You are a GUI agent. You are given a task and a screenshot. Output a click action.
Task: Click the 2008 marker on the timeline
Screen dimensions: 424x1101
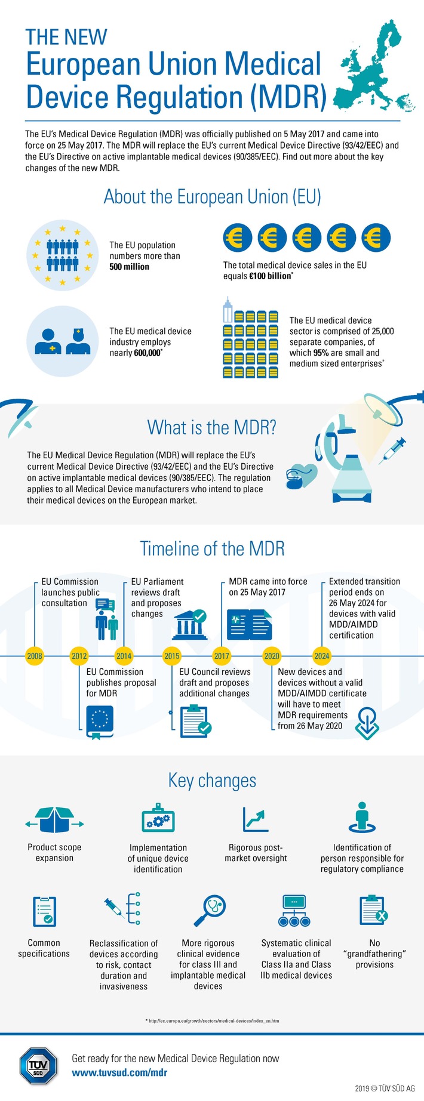(35, 656)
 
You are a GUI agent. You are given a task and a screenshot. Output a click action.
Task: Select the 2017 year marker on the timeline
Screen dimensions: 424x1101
(222, 656)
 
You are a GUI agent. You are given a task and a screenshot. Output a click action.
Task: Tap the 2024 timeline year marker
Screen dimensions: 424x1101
(322, 656)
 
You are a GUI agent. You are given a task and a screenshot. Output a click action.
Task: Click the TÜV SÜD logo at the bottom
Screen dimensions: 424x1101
(38, 1065)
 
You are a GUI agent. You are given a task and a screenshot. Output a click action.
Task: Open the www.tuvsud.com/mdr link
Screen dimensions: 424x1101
(119, 1072)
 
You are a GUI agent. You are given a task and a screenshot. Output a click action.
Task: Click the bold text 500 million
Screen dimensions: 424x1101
(129, 267)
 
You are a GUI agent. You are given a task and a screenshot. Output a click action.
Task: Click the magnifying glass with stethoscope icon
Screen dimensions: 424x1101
(208, 911)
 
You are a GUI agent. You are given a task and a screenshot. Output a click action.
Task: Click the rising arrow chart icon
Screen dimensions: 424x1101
(256, 819)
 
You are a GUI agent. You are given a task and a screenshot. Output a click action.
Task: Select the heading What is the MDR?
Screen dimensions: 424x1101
(211, 427)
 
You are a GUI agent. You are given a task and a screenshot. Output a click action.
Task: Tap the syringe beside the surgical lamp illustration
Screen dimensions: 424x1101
(395, 448)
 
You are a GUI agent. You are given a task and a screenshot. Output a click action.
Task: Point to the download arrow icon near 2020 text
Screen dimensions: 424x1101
(366, 723)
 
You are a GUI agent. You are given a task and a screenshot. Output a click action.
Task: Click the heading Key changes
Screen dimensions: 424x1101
(212, 781)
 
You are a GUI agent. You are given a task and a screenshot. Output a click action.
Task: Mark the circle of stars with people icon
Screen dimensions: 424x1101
(62, 255)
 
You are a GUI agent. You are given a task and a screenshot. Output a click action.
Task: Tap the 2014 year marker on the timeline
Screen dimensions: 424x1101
(124, 656)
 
